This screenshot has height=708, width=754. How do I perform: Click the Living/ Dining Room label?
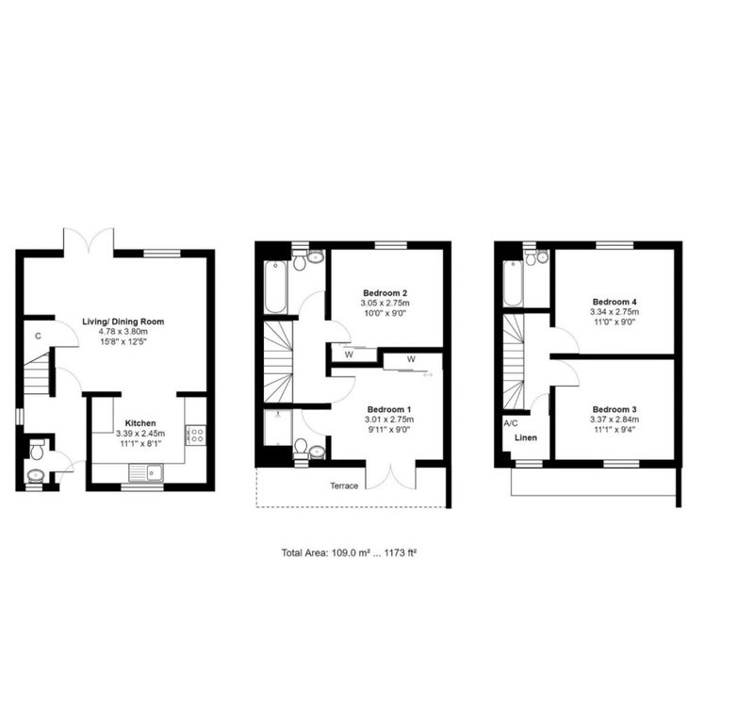coord(123,321)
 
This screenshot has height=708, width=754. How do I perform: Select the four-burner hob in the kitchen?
coord(197,436)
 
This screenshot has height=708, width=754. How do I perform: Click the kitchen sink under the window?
coord(149,473)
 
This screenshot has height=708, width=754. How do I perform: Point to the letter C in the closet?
coord(38,336)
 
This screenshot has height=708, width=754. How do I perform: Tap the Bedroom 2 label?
coord(385,293)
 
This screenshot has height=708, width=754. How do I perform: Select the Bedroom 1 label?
coord(388,409)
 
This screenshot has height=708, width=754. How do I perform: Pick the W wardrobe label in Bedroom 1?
coord(412,359)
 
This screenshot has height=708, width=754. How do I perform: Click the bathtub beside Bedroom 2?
coord(274,286)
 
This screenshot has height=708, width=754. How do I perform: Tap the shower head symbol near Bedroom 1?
coord(277,414)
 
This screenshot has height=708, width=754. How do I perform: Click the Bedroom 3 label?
coord(614,409)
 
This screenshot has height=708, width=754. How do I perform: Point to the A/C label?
coord(511,423)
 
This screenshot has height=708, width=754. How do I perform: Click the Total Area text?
coord(349,552)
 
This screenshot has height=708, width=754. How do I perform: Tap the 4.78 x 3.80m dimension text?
coord(123,332)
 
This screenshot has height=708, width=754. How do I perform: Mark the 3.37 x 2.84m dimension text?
coord(614,420)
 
